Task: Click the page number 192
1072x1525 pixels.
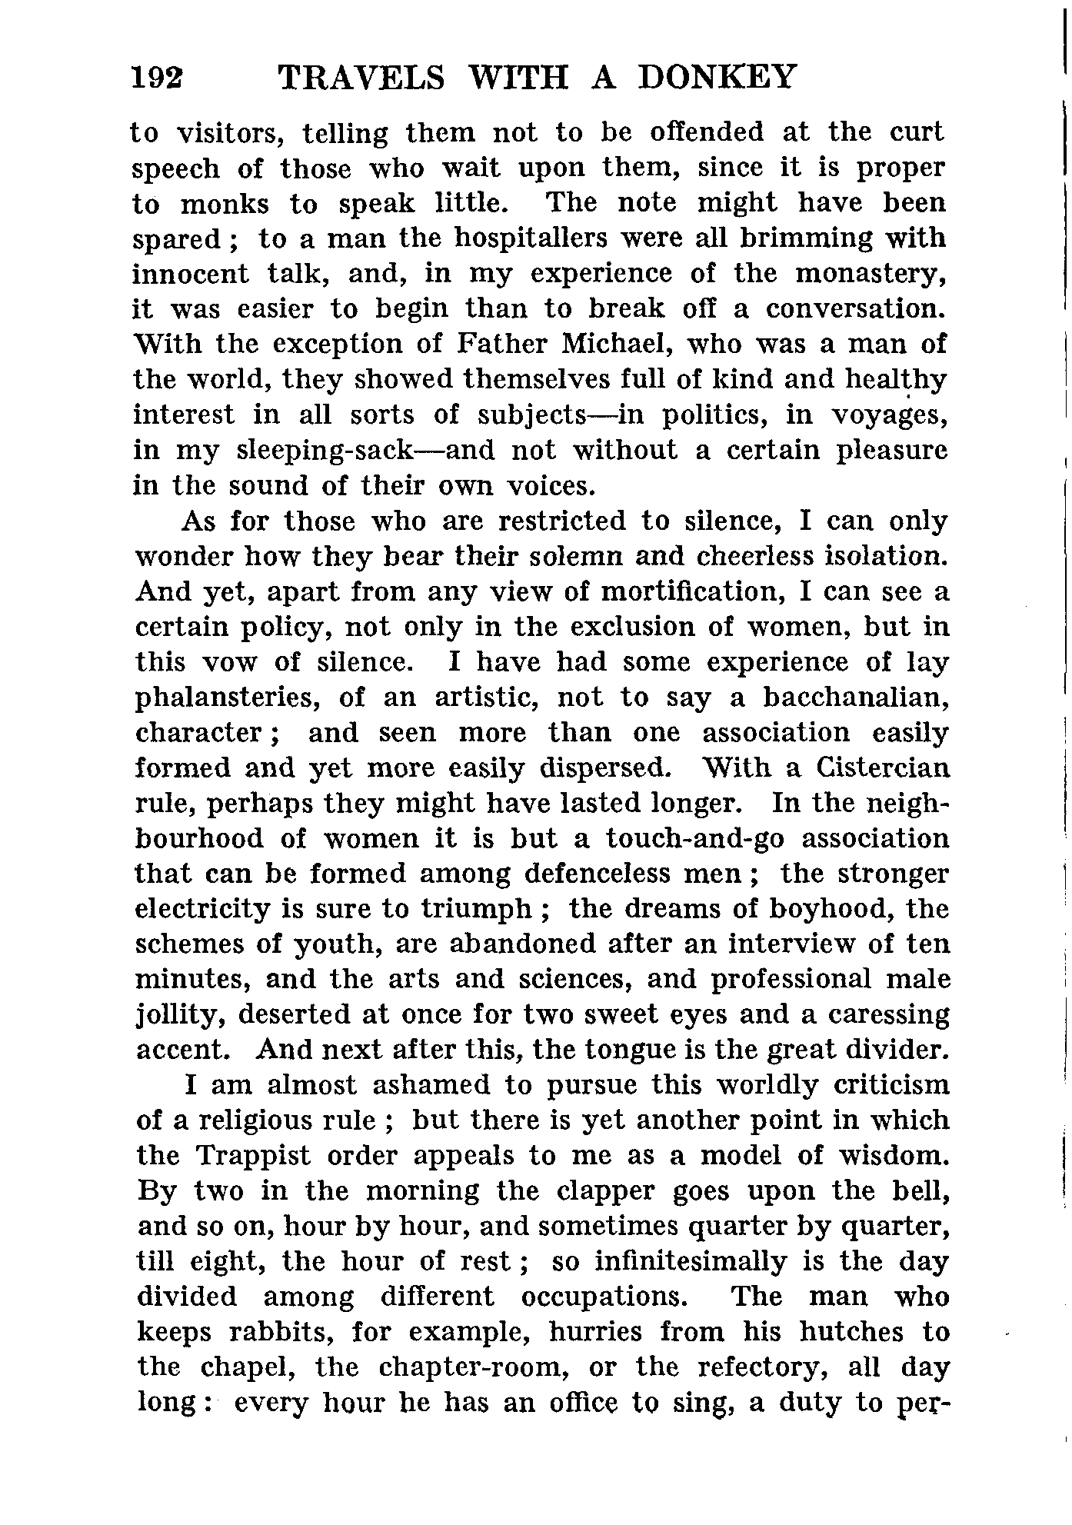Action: (x=158, y=78)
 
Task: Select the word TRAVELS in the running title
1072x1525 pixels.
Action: (x=361, y=78)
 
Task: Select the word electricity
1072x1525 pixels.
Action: (x=203, y=909)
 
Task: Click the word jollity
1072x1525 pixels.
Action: (x=180, y=1015)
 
